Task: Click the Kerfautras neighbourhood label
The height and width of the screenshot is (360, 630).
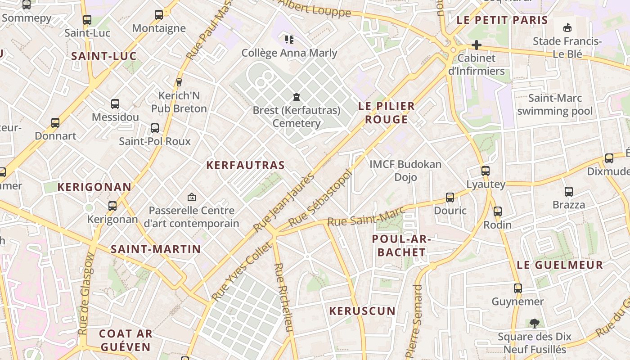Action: click(x=245, y=165)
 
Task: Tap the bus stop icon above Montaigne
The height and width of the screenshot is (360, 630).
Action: click(x=159, y=15)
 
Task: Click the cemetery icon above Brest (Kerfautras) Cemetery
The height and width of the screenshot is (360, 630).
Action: click(x=296, y=97)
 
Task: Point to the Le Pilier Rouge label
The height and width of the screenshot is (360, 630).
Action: click(x=386, y=113)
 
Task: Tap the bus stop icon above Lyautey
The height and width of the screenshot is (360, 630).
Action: click(x=485, y=171)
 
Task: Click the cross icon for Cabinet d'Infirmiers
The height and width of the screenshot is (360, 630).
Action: click(x=476, y=45)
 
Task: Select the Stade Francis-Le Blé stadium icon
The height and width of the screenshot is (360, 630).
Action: click(x=567, y=28)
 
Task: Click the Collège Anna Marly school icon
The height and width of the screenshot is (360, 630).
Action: click(x=289, y=40)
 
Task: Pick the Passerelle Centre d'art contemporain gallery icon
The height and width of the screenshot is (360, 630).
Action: click(x=192, y=197)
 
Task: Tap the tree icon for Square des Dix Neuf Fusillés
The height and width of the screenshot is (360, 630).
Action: click(x=534, y=323)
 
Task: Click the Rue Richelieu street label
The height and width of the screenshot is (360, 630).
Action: click(x=283, y=297)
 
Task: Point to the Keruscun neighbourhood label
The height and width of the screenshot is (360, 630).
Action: click(x=362, y=311)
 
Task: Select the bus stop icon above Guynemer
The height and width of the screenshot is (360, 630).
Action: click(x=518, y=288)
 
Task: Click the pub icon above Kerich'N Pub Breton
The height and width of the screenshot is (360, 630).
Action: click(x=179, y=82)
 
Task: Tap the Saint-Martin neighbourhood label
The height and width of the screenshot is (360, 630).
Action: click(x=156, y=249)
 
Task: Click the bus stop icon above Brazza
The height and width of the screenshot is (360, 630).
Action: click(x=568, y=192)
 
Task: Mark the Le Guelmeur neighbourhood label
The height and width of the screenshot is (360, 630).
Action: click(x=560, y=265)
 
